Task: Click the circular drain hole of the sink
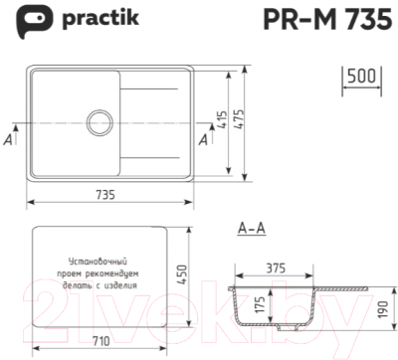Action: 99,122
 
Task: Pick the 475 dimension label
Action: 239,120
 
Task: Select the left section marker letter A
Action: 8,140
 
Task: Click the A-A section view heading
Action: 251,229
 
